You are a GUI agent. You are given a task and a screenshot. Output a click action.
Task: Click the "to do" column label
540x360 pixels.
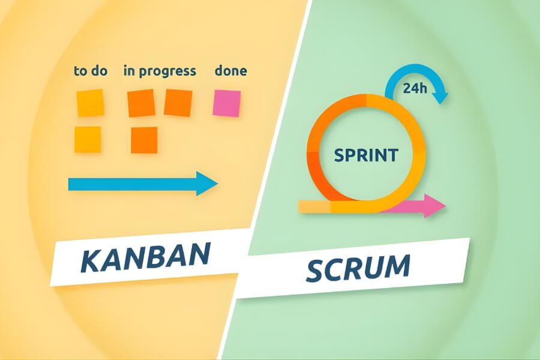(91, 71)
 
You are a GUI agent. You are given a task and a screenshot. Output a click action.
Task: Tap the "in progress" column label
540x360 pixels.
(160, 71)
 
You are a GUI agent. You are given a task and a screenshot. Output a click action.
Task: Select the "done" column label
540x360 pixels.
(230, 71)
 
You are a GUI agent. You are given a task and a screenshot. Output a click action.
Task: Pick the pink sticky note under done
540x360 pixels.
(227, 103)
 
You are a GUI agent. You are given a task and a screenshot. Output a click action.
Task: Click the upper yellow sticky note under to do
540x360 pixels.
(90, 103)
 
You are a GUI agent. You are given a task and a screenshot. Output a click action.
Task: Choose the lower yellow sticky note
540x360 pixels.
(88, 139)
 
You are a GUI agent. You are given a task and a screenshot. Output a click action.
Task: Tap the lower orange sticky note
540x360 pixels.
(144, 140)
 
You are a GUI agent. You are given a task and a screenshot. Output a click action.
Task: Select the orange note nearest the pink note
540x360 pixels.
(178, 103)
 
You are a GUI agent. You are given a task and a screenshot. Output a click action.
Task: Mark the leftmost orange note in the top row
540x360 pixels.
(142, 103)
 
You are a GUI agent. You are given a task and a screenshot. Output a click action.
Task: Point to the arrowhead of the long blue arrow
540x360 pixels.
(208, 184)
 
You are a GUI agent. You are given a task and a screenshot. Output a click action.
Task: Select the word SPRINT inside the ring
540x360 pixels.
(365, 156)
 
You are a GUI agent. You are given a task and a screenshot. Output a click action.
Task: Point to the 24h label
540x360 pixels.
(415, 89)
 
